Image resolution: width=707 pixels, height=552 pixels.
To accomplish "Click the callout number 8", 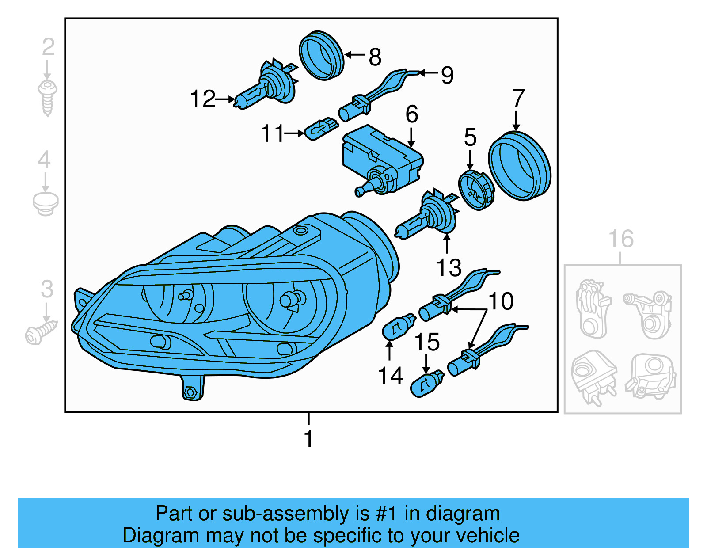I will point(375,57).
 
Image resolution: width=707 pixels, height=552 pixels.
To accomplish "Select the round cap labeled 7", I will point(520,166).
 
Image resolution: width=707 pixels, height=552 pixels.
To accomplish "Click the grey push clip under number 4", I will point(46,203).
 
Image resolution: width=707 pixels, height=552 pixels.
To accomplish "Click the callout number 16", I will point(621,239).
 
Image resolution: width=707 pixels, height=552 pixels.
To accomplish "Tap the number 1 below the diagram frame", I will point(308,439).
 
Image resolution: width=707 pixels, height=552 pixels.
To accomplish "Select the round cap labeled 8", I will point(321,55).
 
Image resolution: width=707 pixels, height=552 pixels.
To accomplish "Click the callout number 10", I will point(501,301).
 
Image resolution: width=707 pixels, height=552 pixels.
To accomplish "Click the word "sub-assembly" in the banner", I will point(285,514).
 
